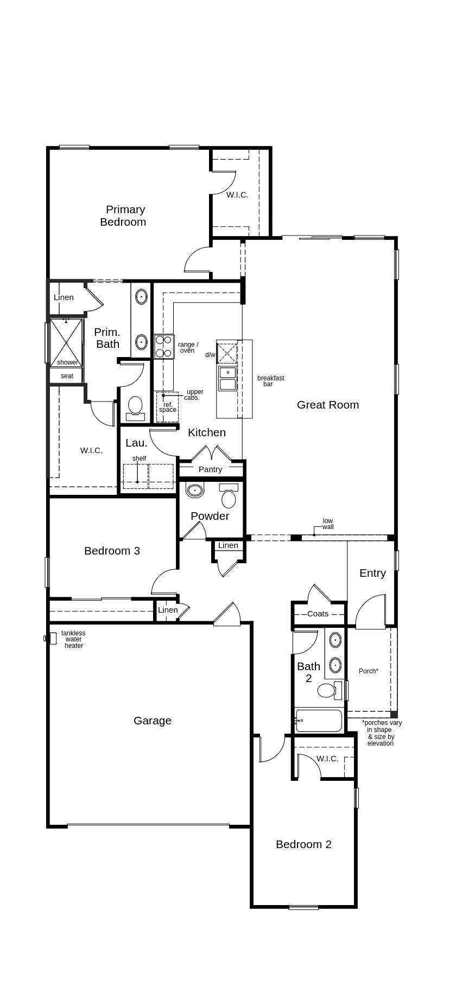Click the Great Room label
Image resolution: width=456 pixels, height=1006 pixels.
(327, 405)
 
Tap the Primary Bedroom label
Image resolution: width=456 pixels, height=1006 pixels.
(123, 216)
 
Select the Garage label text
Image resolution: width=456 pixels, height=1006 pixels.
(152, 721)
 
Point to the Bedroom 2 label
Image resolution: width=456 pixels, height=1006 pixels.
(303, 844)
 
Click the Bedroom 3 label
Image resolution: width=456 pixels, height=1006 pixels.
(112, 551)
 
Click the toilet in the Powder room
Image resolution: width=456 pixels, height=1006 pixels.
(229, 497)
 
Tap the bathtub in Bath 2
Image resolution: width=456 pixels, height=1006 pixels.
(319, 721)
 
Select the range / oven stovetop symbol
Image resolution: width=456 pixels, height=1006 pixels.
(163, 347)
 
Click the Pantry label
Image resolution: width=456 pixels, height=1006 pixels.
(210, 469)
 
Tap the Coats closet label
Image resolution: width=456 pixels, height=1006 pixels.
(318, 614)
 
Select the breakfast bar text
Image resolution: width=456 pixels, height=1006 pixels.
(270, 381)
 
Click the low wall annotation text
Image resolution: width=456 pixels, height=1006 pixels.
(328, 524)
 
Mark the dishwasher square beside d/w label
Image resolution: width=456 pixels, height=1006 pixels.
(227, 354)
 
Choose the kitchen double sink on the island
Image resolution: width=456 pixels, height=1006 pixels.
(227, 378)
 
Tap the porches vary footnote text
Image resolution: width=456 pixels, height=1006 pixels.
(381, 733)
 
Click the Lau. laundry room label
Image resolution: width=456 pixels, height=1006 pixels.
(136, 443)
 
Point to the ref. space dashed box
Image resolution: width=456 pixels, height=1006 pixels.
(167, 407)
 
